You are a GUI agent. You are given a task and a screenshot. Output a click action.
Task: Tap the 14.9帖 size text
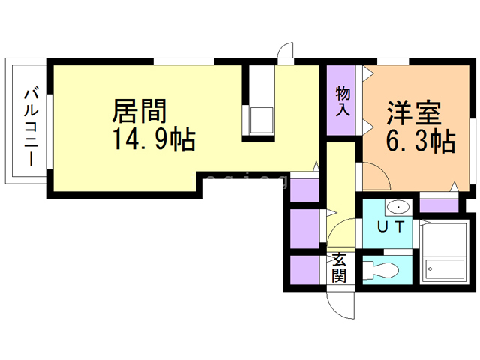click(154, 139)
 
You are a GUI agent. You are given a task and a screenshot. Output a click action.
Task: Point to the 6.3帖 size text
click(420, 140)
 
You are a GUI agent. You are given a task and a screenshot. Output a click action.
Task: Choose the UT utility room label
click(390, 225)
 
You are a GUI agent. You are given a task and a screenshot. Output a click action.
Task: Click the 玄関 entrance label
click(340, 268)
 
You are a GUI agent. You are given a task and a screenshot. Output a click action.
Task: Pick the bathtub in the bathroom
click(443, 252)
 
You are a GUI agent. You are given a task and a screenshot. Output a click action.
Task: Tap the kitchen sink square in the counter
click(262, 120)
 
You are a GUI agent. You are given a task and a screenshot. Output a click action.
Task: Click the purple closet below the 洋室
click(438, 205)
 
